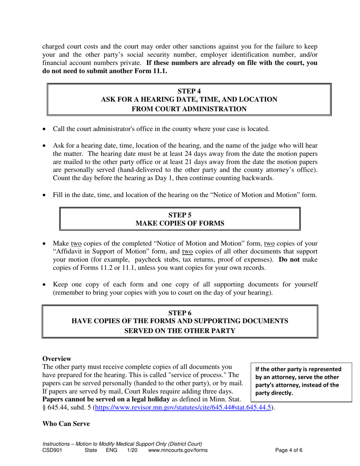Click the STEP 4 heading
coord(189,91)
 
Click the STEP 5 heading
coord(180,215)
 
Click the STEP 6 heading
coord(180,313)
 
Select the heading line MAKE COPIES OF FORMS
coord(180,224)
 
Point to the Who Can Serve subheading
coord(66,424)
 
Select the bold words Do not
coord(290,260)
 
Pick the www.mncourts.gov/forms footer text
coord(178,450)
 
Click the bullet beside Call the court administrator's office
coord(45,130)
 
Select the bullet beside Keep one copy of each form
coord(45,285)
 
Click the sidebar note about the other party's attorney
coord(299,381)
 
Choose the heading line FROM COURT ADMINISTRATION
coord(189,109)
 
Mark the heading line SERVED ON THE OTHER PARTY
coord(180,330)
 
